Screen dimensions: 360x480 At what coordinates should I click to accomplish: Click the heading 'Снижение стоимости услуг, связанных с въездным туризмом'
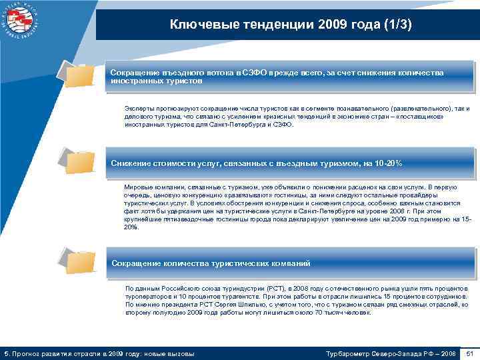coord(257,163)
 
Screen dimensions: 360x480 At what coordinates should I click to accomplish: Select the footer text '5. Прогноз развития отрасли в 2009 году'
coord(100,352)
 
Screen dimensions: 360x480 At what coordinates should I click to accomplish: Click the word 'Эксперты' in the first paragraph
coord(138,108)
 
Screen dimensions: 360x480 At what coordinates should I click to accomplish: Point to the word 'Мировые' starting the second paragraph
coord(138,187)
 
